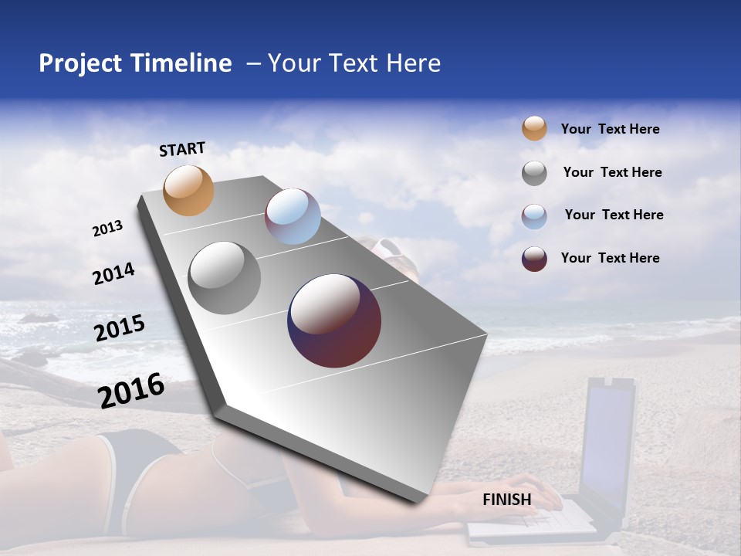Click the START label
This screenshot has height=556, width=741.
182,149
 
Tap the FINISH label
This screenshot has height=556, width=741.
507,500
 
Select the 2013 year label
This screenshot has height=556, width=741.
108,229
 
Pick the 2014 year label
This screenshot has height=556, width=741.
113,274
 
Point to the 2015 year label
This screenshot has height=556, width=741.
120,328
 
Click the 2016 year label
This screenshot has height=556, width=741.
131,390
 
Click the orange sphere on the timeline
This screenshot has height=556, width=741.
189,190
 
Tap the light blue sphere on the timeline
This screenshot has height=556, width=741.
293,216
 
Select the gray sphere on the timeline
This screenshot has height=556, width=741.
225,277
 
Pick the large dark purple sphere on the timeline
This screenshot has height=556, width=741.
334,320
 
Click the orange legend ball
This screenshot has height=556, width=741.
534,128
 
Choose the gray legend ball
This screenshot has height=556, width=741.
534,173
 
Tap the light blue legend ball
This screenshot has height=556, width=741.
534,216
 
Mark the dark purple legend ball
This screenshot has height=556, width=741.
534,259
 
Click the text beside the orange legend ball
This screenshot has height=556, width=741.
610,129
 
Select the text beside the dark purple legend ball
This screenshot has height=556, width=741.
610,258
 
